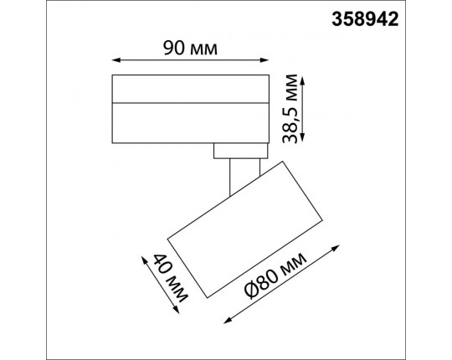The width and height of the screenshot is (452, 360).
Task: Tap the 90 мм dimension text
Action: click(190, 48)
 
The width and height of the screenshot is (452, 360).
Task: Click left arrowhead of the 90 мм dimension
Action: click(115, 60)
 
